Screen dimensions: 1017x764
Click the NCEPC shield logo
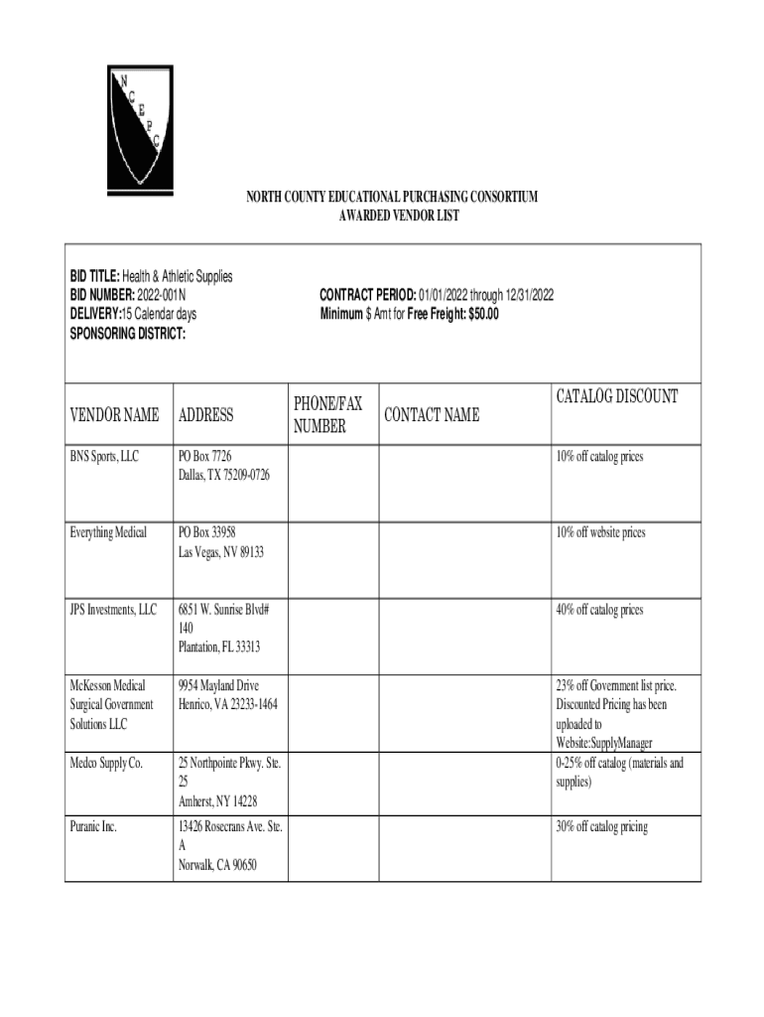click(140, 127)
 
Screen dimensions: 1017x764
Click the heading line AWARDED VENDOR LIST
click(392, 216)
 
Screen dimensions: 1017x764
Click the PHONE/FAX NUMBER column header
click(326, 415)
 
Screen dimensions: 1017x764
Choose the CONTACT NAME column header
click(432, 415)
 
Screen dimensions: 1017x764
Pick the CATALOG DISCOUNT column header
click(617, 397)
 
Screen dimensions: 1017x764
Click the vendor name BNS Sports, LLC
click(104, 457)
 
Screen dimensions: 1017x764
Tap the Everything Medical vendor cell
click(108, 533)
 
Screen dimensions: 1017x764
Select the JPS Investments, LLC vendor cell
click(113, 610)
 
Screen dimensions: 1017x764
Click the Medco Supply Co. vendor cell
click(106, 764)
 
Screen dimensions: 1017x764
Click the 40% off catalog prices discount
click(599, 610)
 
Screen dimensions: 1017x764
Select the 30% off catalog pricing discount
click(601, 827)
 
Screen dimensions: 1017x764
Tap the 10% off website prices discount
click(600, 533)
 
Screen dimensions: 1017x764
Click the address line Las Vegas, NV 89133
click(220, 552)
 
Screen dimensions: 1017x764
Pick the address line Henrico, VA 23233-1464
click(227, 705)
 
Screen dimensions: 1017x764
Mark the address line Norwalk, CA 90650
click(217, 865)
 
